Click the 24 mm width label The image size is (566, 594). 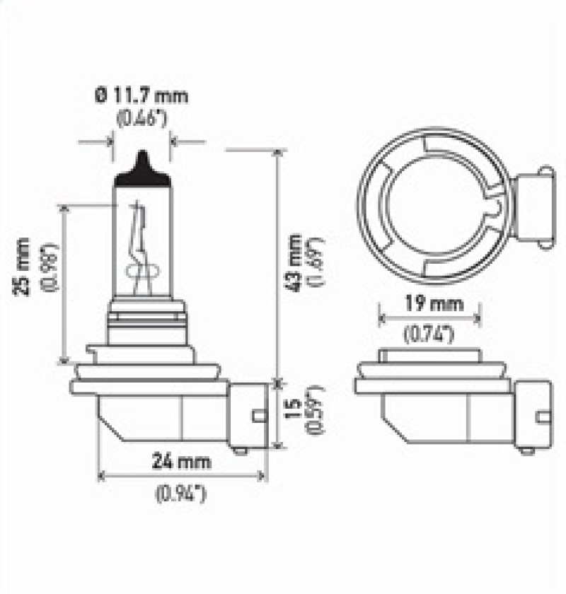click(183, 462)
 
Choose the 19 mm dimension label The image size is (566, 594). click(429, 305)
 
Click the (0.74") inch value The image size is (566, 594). click(429, 335)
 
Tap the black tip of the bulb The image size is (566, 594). click(142, 170)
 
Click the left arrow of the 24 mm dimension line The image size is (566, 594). click(101, 475)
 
